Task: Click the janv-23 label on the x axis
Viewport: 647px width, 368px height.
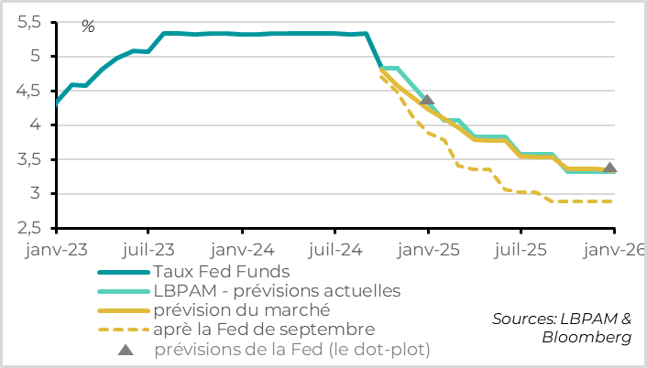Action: (57, 248)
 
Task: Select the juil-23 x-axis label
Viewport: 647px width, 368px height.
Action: (149, 248)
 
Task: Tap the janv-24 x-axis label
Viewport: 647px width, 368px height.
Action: (242, 248)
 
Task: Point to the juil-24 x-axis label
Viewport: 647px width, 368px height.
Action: (334, 248)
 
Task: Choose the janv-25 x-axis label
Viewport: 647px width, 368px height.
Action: (428, 248)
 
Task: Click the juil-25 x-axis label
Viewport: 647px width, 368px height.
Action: (520, 248)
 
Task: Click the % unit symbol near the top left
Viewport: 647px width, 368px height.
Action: (88, 27)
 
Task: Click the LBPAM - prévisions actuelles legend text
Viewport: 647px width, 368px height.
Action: (278, 291)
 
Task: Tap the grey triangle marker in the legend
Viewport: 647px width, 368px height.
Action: (125, 348)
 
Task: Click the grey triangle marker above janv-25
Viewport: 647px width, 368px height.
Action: (426, 100)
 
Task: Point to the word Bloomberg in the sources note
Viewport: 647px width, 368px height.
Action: (587, 338)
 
